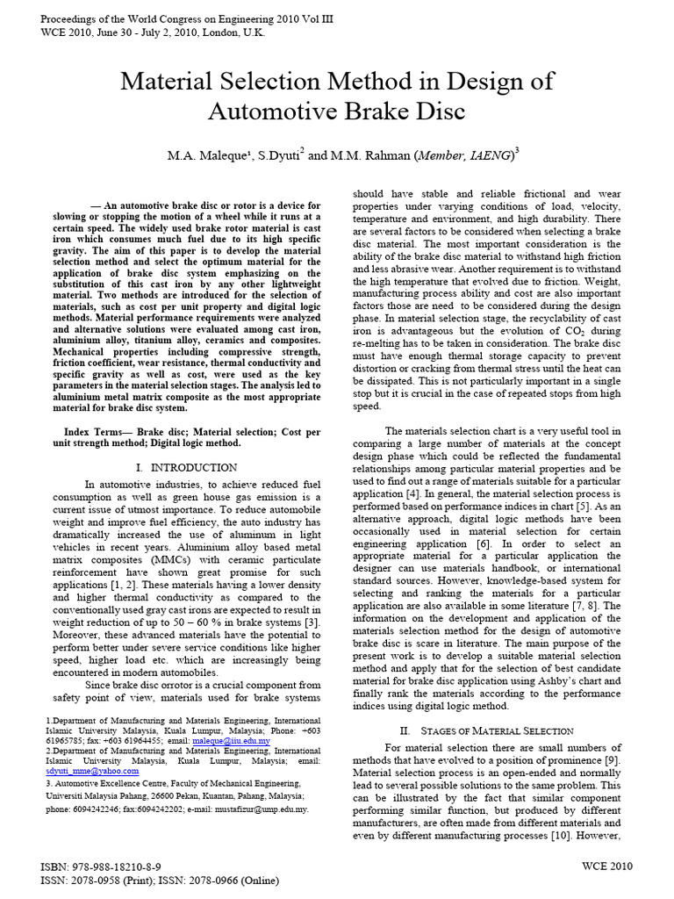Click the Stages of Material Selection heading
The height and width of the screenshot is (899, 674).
coord(486,730)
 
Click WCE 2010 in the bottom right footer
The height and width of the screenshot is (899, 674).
coord(606,867)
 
